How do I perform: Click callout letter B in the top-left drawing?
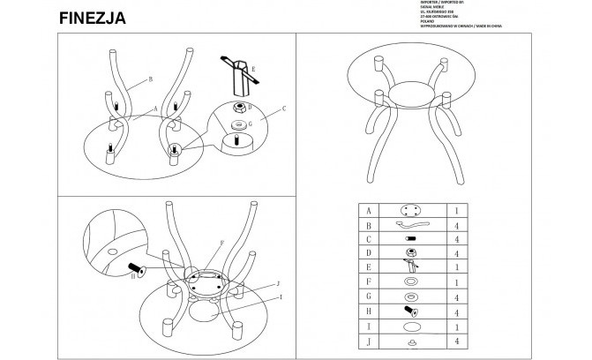tap(151, 79)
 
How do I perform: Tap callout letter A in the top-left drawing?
tap(154, 109)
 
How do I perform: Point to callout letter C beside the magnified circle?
tap(285, 110)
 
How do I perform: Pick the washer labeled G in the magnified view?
tap(237, 124)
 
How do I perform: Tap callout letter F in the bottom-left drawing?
tap(222, 242)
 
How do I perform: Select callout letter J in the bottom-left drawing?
tap(277, 283)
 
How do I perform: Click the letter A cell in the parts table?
tap(368, 212)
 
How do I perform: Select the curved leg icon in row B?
tap(412, 226)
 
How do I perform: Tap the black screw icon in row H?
tap(410, 311)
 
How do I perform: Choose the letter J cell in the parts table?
tap(368, 340)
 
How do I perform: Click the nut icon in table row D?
tap(411, 253)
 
